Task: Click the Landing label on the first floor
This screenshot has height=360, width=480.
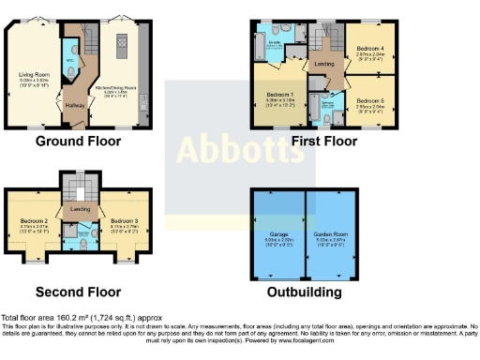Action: tap(325, 64)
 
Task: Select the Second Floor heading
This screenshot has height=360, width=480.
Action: tap(79, 291)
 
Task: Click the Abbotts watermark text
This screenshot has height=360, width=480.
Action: tap(239, 148)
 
